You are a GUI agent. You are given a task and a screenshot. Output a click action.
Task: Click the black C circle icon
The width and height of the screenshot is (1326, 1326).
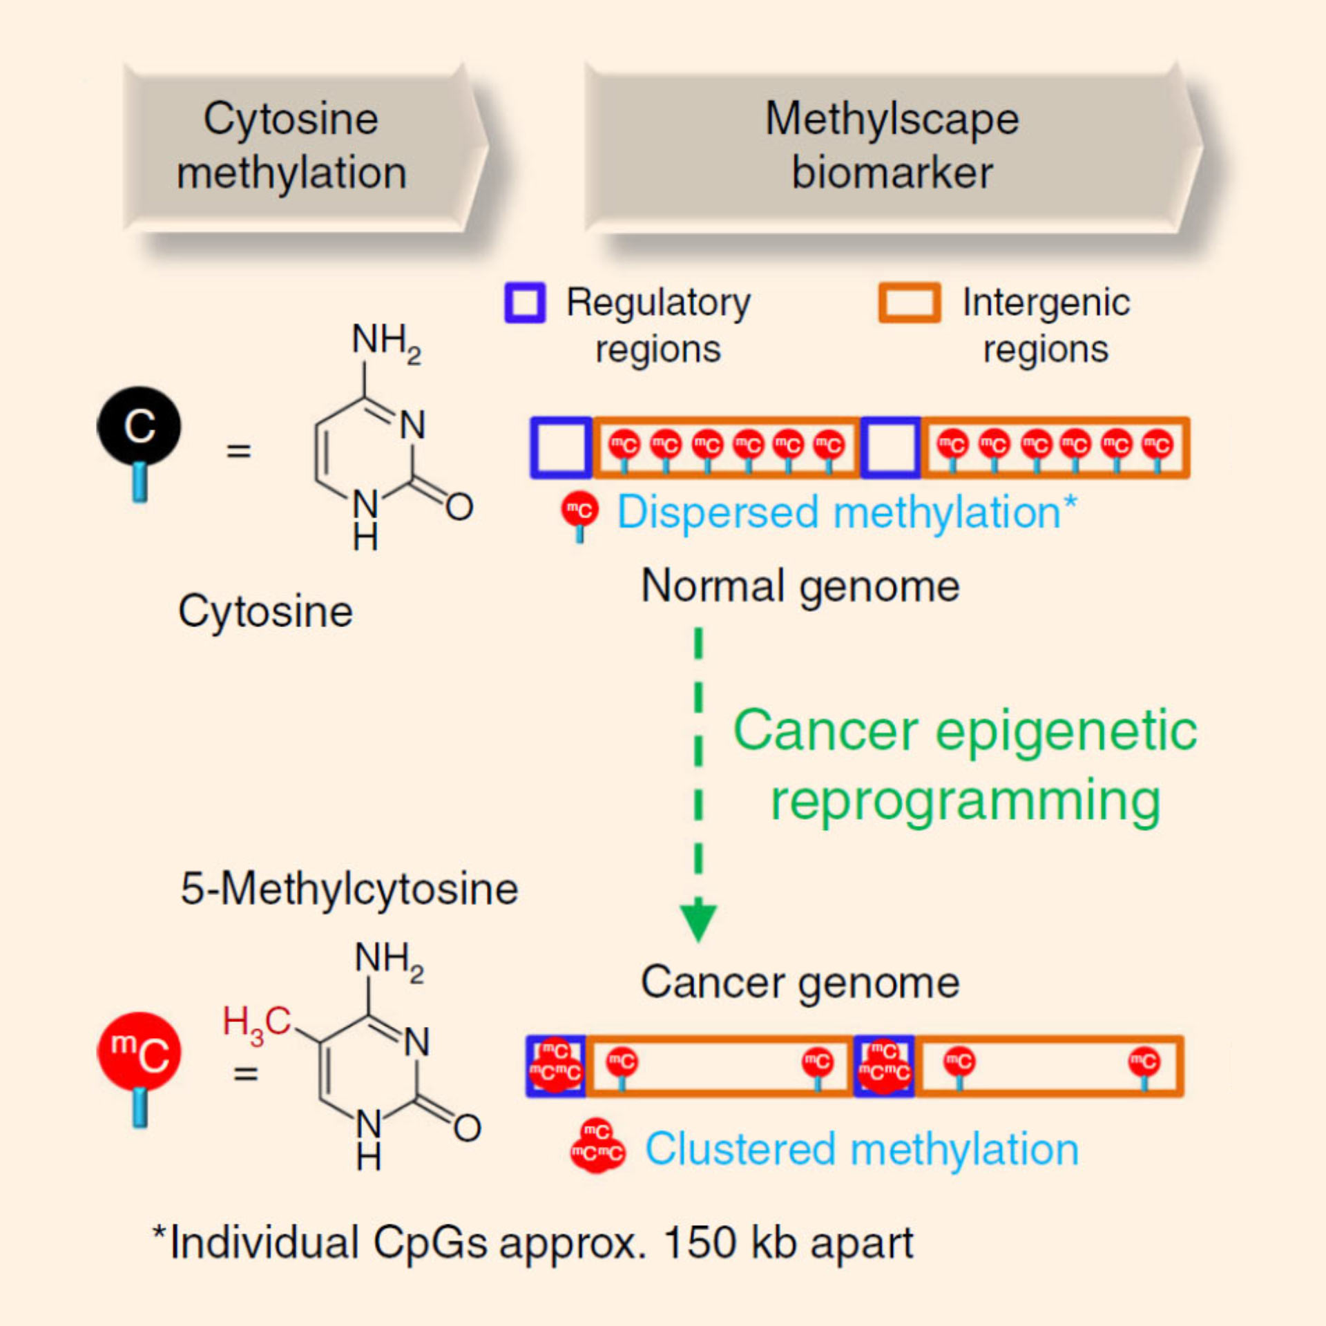pos(139,425)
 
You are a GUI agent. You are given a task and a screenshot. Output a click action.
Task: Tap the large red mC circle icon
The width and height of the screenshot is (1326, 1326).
pos(139,1052)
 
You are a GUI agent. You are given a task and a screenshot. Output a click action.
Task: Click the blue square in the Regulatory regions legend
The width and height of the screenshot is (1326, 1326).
pos(525,302)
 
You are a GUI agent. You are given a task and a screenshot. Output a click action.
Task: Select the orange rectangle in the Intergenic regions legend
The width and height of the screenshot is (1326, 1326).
pos(909,302)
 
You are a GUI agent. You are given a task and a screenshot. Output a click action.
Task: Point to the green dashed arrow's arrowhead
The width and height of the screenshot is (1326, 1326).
pos(698,921)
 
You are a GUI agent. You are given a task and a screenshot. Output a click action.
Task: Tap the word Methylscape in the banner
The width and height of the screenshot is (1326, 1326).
pos(892,119)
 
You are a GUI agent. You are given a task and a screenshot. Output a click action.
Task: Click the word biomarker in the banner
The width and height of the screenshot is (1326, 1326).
pos(892,173)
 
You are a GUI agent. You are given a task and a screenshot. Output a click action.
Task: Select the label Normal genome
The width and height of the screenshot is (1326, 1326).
pos(800,586)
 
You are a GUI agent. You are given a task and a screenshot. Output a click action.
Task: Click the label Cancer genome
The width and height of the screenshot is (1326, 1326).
pos(800,982)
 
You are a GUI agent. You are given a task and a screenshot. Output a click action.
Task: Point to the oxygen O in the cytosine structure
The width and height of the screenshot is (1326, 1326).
pos(459,506)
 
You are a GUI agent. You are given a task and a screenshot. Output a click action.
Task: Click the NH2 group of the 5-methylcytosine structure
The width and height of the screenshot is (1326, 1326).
pos(389,959)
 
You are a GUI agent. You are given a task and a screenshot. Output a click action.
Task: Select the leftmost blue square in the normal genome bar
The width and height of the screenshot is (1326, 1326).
pos(561,448)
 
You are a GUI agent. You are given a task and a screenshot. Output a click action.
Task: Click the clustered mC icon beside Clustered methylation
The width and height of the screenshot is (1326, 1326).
pos(597,1147)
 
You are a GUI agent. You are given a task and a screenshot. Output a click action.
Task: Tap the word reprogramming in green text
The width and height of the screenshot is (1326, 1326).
pos(965,801)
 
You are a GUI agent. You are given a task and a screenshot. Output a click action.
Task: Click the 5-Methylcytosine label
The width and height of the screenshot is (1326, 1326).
pos(349,889)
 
